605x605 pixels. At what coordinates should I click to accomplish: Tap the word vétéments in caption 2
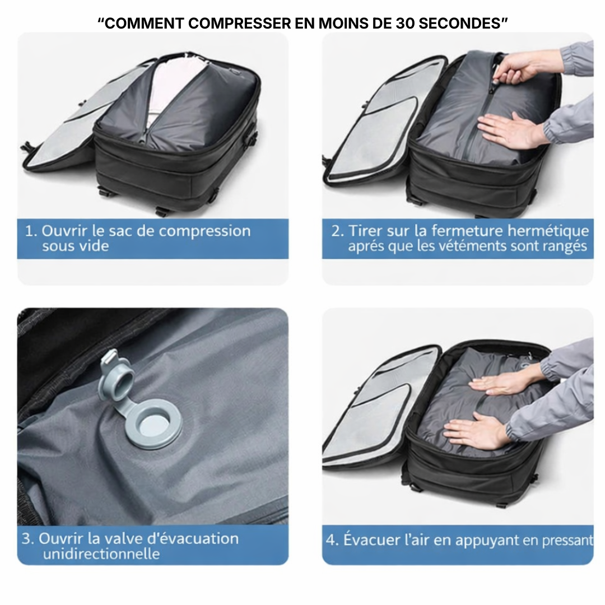(486, 246)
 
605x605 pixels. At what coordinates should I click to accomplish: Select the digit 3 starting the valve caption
(27, 539)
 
